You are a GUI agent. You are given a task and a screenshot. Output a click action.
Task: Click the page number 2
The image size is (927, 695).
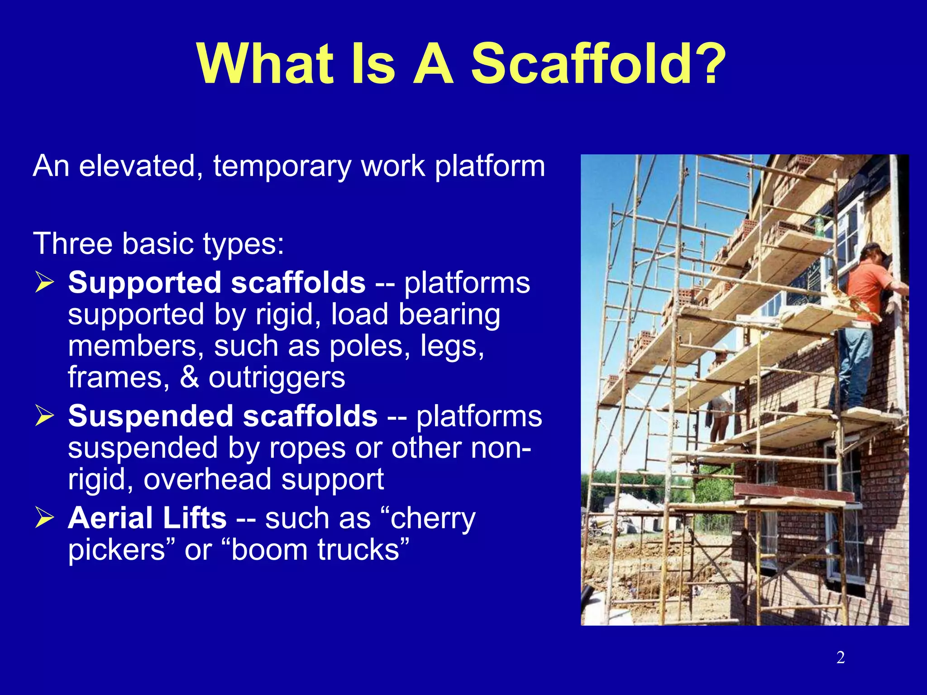click(841, 657)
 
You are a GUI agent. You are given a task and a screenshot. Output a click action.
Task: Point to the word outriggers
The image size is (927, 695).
click(277, 378)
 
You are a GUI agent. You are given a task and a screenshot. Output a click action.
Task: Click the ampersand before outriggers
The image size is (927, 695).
click(189, 378)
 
